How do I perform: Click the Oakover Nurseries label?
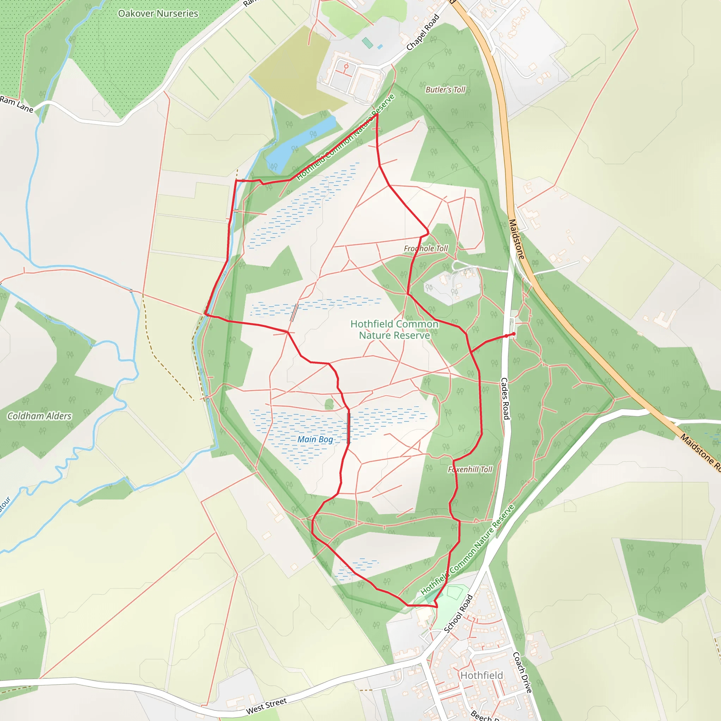158,13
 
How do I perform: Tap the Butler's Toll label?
445,89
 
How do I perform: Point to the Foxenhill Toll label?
470,470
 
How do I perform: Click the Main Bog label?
315,439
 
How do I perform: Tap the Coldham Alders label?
39,416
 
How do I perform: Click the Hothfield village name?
481,676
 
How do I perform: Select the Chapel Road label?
422,32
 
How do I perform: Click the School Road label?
459,614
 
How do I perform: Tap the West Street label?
267,706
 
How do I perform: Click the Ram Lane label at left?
17,104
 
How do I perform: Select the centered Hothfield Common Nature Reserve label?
394,330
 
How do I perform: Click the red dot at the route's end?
514,334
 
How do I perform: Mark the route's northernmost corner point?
377,114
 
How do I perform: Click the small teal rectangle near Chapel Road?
368,43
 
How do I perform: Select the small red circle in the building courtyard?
346,66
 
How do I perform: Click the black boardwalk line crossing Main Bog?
349,428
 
